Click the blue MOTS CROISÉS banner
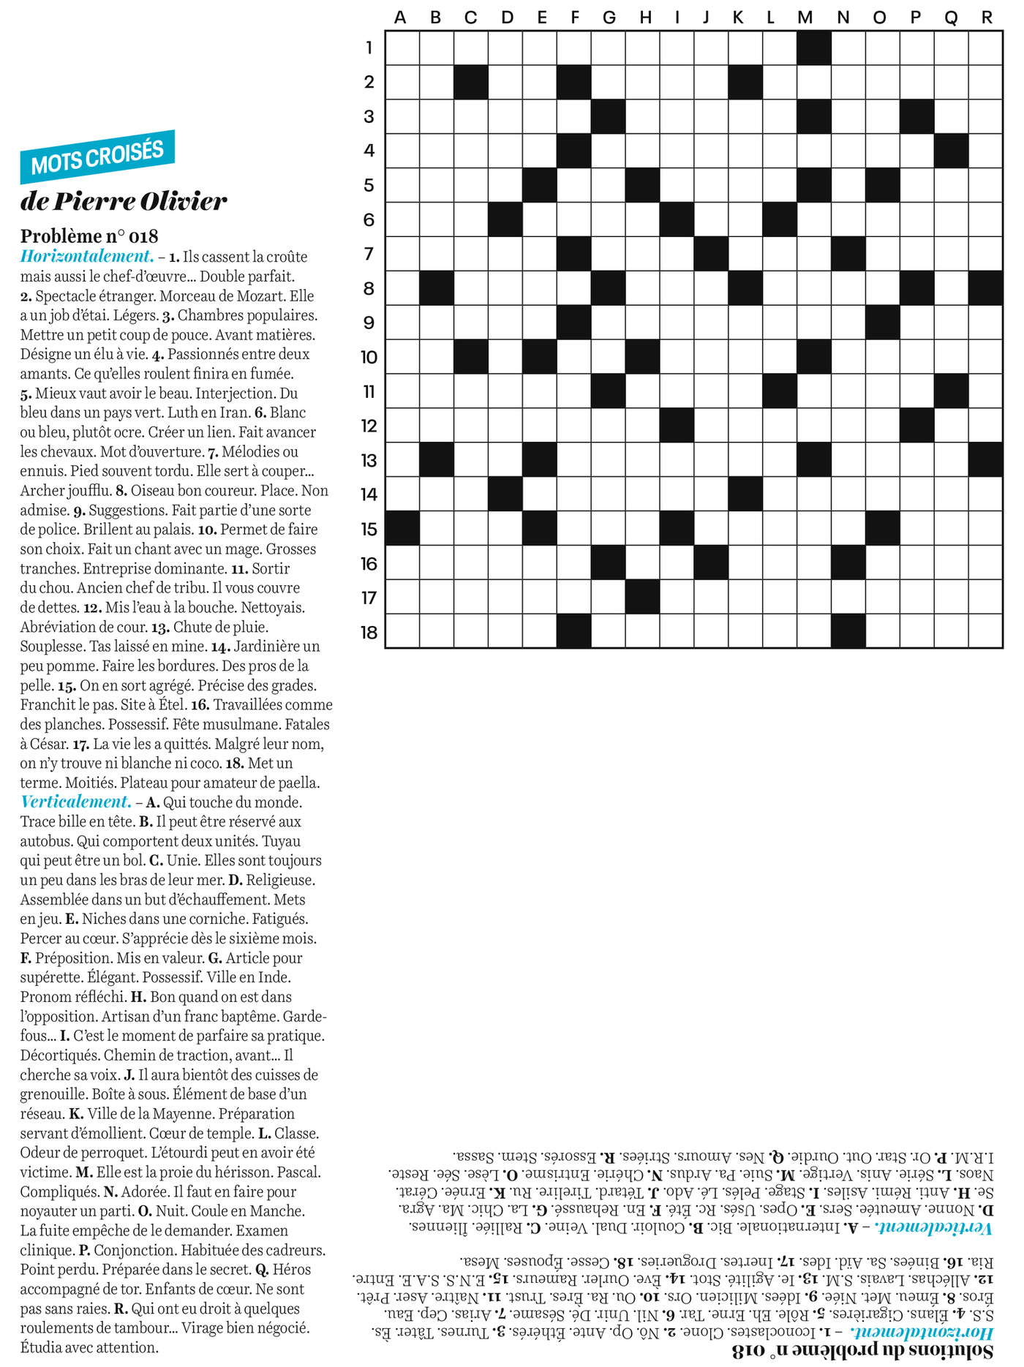[x=97, y=157]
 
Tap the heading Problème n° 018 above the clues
[x=89, y=236]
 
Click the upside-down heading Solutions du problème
[x=863, y=1349]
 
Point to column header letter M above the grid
[x=805, y=18]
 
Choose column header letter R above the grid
[x=987, y=18]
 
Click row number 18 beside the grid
[x=369, y=632]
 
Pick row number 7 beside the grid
[x=369, y=254]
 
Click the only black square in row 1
[x=814, y=48]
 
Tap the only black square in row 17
[x=642, y=597]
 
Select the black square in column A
[x=402, y=528]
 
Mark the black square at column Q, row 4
[x=952, y=151]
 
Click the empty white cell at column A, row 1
[x=402, y=48]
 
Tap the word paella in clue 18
[x=300, y=783]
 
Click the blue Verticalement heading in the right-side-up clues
[x=76, y=802]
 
